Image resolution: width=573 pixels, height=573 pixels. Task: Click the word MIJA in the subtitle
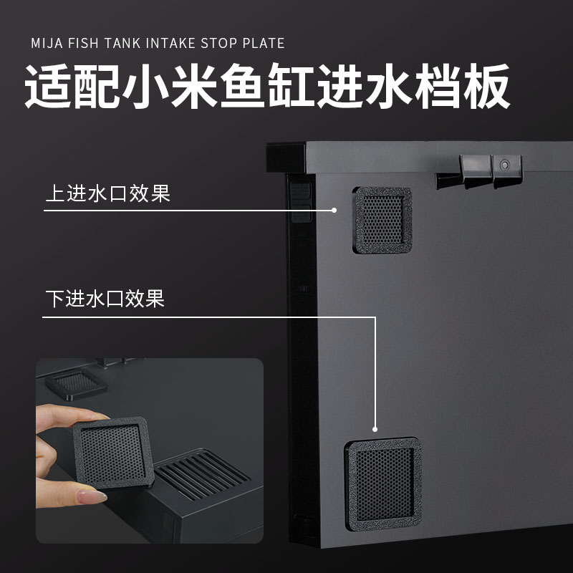[x=47, y=43]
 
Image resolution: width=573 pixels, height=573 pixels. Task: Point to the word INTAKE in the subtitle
[x=168, y=43]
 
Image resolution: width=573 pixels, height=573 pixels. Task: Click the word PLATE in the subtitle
[x=263, y=43]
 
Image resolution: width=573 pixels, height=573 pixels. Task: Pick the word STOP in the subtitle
[x=218, y=43]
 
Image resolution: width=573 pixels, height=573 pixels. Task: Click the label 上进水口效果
[x=107, y=194]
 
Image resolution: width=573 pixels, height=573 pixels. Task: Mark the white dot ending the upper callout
[x=334, y=210]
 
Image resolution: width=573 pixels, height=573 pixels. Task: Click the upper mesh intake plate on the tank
[x=382, y=220]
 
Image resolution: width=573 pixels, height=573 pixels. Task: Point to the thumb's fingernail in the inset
[x=93, y=496]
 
